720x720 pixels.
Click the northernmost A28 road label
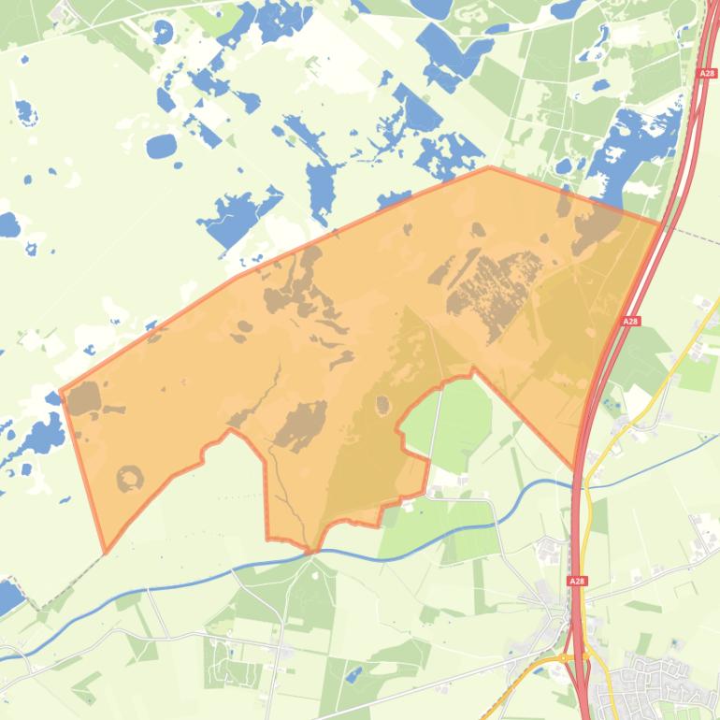[x=706, y=71]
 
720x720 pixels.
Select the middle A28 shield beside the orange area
[x=630, y=322]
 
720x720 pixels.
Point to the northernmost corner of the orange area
[x=490, y=167]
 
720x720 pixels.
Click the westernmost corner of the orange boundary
[x=61, y=392]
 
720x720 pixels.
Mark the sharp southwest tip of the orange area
[x=106, y=552]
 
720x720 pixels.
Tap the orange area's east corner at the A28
[x=659, y=223]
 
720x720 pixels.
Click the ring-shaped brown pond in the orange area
[x=130, y=479]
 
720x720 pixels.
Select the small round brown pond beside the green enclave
[x=382, y=405]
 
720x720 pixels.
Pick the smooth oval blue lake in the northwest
[x=161, y=146]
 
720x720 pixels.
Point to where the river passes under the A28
[x=574, y=484]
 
